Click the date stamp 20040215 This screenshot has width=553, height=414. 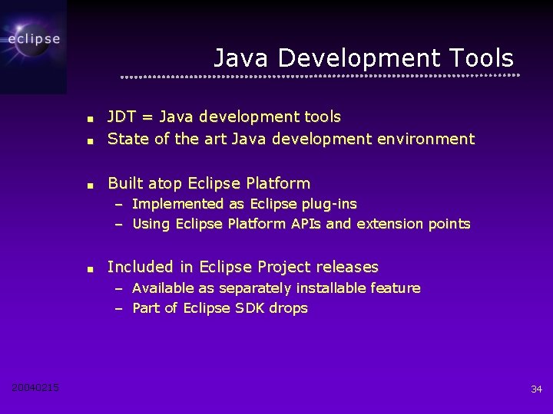pos(35,388)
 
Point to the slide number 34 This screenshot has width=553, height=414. pos(536,389)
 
